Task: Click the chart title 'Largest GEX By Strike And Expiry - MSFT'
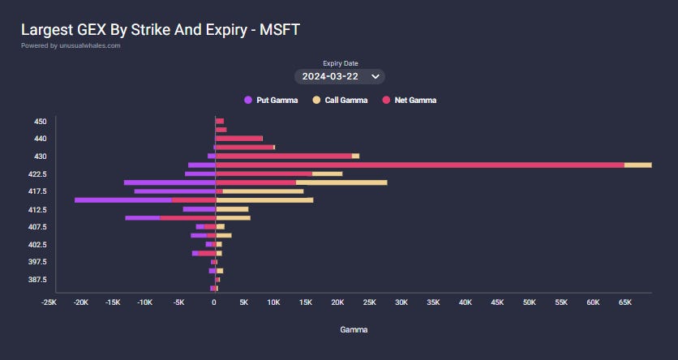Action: tap(161, 30)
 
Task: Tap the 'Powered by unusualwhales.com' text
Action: tap(71, 46)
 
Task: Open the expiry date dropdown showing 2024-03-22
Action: tap(338, 76)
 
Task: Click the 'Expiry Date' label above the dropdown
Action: tap(340, 63)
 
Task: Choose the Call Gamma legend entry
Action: tap(340, 101)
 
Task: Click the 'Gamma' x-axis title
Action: tap(353, 331)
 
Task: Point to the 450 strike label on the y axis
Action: tap(40, 122)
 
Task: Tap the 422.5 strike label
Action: tap(37, 174)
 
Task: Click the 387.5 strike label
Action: tap(37, 280)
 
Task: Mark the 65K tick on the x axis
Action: tap(624, 302)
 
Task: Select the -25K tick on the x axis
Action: tap(49, 302)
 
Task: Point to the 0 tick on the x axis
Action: tap(214, 302)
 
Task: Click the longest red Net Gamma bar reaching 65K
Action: tap(419, 165)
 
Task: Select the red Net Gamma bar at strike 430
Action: tap(283, 156)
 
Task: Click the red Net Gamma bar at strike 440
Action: tap(238, 139)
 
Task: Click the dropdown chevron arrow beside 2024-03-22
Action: tap(375, 76)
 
